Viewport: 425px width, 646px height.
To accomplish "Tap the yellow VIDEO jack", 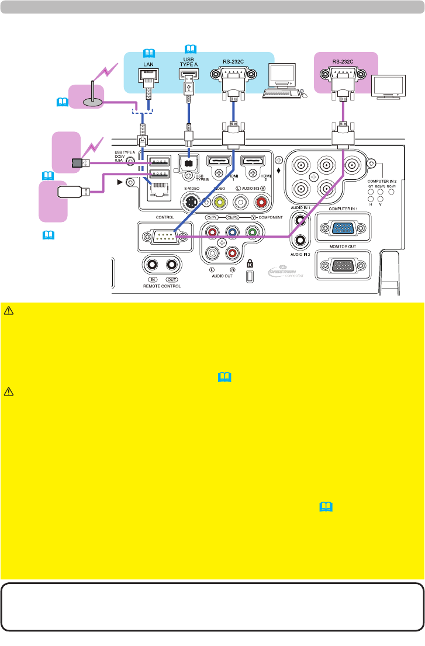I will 219,202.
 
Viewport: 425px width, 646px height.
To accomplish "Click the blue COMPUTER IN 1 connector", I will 343,228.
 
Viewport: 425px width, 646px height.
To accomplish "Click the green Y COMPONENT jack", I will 253,232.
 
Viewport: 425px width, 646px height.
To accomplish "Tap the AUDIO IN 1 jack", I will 300,221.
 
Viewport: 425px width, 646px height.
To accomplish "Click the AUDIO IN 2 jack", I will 300,239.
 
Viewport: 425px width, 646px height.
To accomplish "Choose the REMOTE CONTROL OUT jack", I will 171,265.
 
